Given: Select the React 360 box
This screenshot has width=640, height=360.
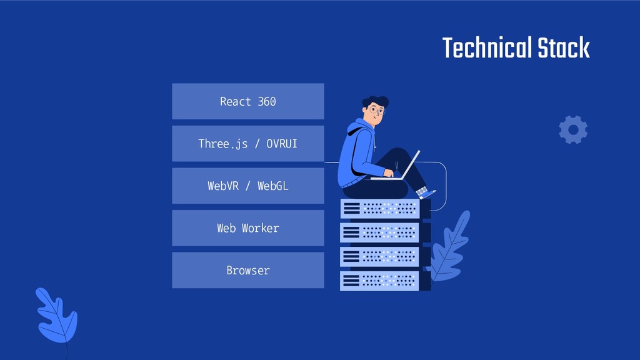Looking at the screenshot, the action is point(247,101).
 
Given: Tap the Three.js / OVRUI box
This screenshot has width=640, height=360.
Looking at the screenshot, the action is point(247,144).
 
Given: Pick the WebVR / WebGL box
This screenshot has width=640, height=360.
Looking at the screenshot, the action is point(247,186).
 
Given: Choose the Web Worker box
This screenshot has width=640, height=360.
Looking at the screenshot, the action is point(247,228).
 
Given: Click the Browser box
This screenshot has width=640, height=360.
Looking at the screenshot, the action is point(247,270).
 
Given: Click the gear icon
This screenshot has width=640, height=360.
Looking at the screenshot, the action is point(572,129).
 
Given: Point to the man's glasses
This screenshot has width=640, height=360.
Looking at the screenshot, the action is point(376,110).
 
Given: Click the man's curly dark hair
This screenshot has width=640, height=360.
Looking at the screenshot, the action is point(376,101).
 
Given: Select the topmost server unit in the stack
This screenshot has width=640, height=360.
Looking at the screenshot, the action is point(380,208).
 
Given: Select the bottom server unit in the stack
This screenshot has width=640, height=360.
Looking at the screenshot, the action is point(380,281).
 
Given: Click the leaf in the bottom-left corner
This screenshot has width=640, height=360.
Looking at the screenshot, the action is point(57,316).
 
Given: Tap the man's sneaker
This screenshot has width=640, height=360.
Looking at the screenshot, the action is point(427,192).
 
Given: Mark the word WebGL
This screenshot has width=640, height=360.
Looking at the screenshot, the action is point(273,186).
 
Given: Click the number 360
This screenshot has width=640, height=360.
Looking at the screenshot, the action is point(266,101).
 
